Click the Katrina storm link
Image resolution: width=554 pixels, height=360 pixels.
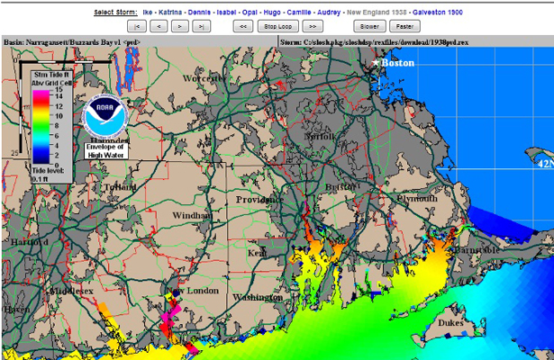coord(170,12)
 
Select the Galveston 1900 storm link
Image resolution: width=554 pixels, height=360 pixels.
coord(438,12)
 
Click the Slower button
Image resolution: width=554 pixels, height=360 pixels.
coord(369,27)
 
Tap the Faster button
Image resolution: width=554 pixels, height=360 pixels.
coord(405,27)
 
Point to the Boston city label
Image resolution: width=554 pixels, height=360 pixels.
coord(397,63)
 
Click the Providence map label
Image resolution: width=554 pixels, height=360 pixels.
coord(260,199)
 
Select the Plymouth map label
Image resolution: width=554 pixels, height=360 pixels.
coord(414,197)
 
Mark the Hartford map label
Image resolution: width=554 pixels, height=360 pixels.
coord(30,242)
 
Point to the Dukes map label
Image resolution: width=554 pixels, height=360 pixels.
coord(450,321)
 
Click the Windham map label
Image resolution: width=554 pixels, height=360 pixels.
coord(193,216)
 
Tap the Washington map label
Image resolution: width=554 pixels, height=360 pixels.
coord(258,297)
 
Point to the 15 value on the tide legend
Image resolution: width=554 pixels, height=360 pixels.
coord(57,89)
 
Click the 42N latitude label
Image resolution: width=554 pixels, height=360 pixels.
coord(543,165)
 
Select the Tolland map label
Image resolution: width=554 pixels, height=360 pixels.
coord(118,187)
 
